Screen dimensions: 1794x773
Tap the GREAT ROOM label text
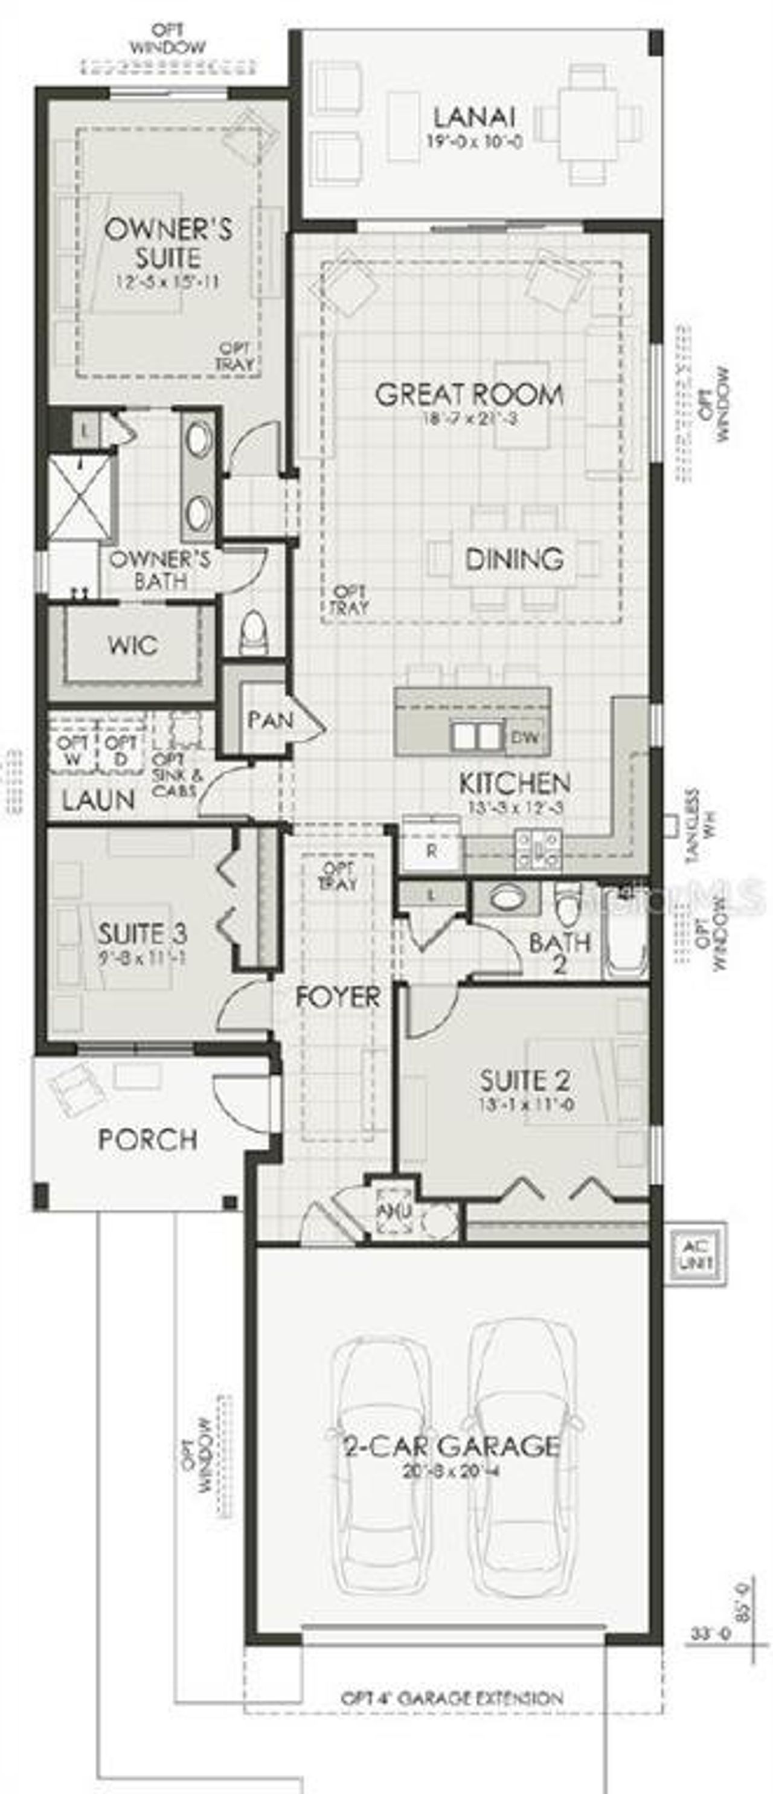pos(469,395)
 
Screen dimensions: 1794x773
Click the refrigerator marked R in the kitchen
pos(432,851)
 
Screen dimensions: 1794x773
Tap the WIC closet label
pos(132,645)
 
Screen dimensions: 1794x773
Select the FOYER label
pos(338,997)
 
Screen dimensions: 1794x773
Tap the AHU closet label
pos(394,1212)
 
